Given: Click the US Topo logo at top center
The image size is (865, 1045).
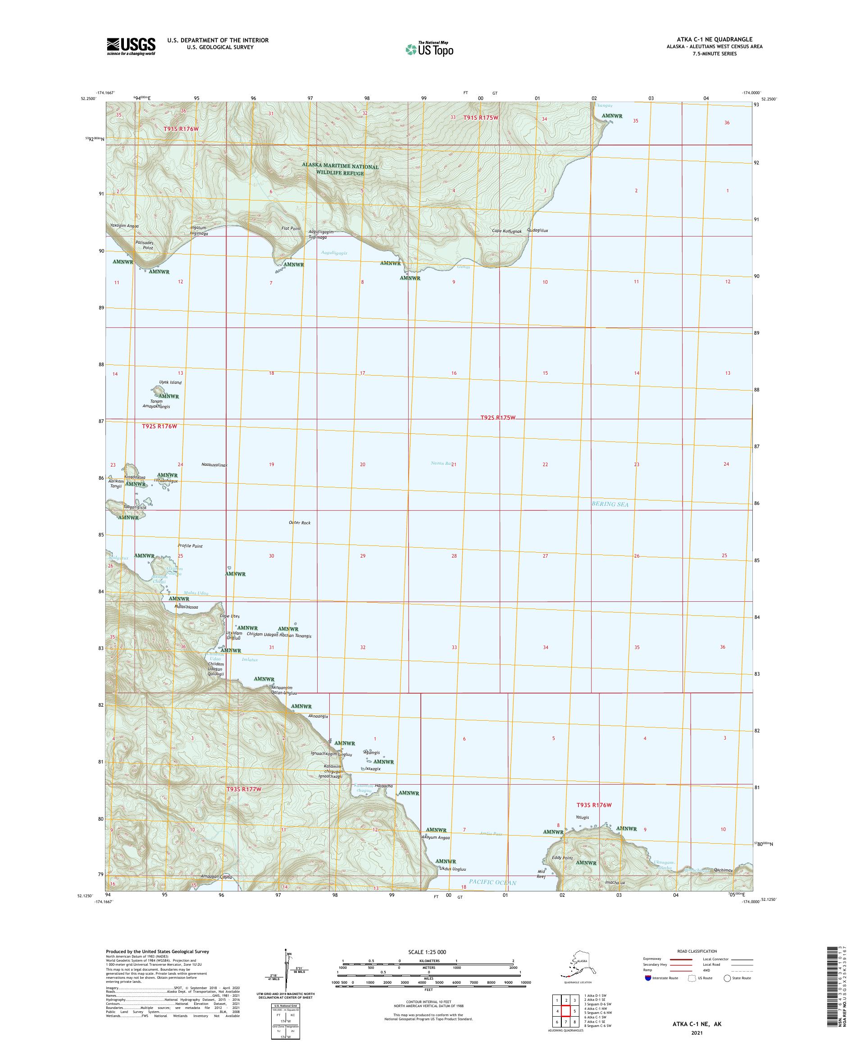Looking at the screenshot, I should pyautogui.click(x=429, y=49).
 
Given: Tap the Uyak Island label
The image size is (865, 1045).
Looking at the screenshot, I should pyautogui.click(x=170, y=382).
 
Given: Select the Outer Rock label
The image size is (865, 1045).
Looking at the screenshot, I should pyautogui.click(x=300, y=522).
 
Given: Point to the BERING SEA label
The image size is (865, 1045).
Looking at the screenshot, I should pyautogui.click(x=610, y=504).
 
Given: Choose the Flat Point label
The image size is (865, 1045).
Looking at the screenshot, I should pyautogui.click(x=291, y=228).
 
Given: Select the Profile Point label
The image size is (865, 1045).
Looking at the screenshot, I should pyautogui.click(x=190, y=546).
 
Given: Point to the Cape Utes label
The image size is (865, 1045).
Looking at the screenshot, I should pyautogui.click(x=230, y=616).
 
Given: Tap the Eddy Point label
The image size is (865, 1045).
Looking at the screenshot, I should pyautogui.click(x=562, y=858).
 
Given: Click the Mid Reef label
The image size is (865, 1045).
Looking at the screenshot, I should pyautogui.click(x=542, y=874).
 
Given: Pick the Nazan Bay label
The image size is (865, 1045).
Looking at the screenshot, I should pyautogui.click(x=442, y=463).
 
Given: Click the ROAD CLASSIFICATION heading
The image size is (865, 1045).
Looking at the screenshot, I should pyautogui.click(x=697, y=951).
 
